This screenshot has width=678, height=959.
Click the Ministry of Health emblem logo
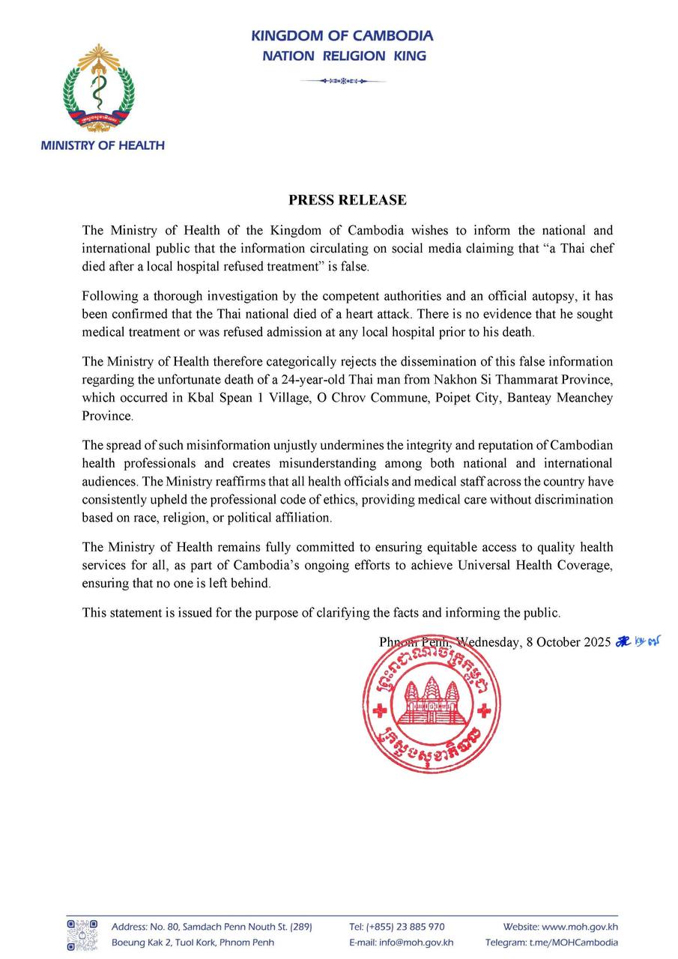99,88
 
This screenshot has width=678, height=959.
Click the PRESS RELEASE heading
348,200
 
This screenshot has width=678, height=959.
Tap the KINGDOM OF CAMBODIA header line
342,35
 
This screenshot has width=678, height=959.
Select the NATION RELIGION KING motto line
344,55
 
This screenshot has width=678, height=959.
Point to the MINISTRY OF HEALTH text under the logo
103,145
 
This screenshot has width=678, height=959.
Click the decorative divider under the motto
342,81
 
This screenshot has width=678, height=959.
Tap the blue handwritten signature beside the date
639,641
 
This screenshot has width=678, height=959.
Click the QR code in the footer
82,934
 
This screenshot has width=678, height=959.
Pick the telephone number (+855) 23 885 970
408,927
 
